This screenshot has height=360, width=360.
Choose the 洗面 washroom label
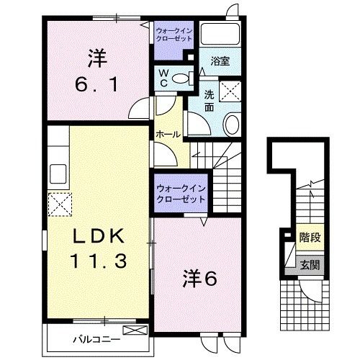point(209,100)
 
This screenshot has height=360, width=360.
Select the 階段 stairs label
point(310,238)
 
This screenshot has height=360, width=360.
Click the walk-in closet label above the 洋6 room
point(181,193)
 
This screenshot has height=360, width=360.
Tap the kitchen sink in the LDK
point(58,175)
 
